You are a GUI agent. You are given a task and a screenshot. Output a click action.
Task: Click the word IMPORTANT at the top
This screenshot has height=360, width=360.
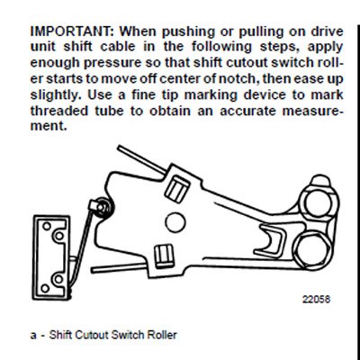point(72,31)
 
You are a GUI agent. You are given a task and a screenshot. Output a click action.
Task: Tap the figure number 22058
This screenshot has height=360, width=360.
point(316,299)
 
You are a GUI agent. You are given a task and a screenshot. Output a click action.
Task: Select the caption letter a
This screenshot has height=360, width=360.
point(33,335)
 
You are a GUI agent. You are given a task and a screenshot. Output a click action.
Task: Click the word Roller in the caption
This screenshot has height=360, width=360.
point(162,335)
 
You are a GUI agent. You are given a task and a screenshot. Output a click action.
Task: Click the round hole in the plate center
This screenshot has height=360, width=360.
point(175,222)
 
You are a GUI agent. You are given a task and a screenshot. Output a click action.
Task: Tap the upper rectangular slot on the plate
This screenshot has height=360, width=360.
point(177,189)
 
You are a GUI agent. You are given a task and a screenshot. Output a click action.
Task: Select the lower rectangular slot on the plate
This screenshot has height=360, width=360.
point(164,256)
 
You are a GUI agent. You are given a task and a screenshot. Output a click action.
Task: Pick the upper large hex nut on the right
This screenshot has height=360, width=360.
point(318,202)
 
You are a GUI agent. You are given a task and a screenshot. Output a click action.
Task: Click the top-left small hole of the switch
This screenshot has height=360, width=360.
point(47,226)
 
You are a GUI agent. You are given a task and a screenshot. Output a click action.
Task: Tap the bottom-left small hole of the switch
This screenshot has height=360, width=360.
point(45,288)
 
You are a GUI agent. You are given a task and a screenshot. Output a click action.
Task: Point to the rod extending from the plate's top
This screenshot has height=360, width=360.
point(141,159)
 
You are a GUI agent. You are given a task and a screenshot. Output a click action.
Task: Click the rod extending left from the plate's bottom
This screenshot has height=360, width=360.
point(120,267)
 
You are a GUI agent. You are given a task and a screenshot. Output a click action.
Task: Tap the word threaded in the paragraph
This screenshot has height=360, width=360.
point(59,111)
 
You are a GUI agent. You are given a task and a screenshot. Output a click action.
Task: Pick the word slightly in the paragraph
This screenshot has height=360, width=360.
point(54,95)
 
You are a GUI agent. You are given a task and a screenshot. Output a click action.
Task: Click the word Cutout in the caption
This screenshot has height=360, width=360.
point(92,335)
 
